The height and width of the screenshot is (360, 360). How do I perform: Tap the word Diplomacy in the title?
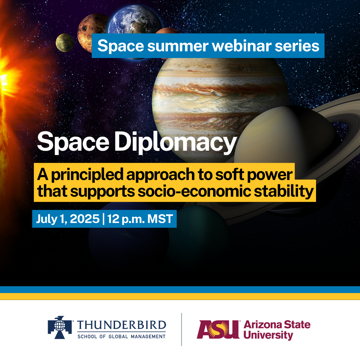click(176, 143)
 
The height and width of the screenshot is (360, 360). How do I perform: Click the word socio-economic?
click(194, 191)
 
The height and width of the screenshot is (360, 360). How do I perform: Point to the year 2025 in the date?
click(85, 219)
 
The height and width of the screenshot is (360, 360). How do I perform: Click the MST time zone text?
click(160, 219)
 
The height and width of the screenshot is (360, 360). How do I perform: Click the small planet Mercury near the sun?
click(65, 43)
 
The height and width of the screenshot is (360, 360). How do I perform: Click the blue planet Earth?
click(135, 21)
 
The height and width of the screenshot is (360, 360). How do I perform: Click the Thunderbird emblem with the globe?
click(60, 327)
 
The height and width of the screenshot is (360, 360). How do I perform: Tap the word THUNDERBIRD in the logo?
click(121, 325)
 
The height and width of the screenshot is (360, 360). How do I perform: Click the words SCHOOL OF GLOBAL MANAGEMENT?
click(121, 337)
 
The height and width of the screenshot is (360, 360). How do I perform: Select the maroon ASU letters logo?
click(218, 329)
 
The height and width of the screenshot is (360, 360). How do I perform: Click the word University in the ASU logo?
click(268, 335)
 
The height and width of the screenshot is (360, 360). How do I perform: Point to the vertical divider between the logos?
click(182, 329)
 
